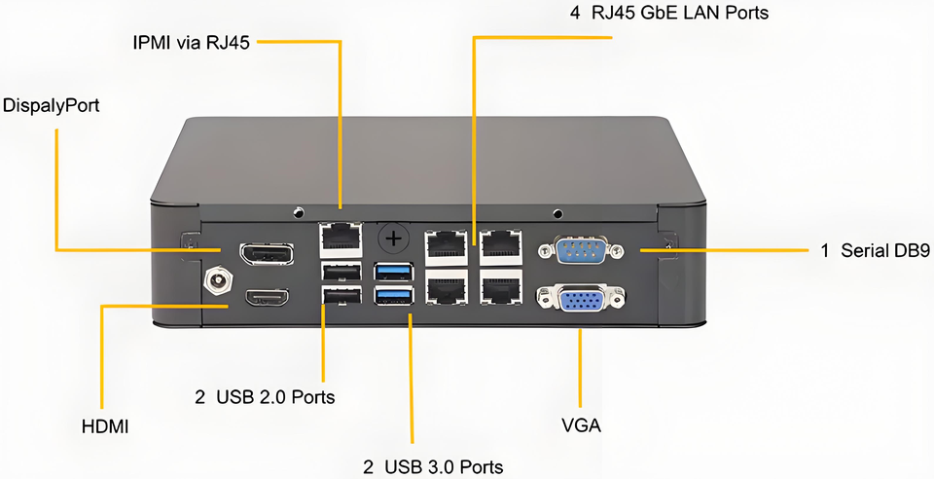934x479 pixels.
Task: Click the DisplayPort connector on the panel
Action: (267, 254)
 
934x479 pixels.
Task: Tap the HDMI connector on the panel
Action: (267, 297)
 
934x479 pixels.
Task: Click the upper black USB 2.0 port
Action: (341, 272)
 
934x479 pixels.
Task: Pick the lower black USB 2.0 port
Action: (341, 295)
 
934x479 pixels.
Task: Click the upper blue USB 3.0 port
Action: (394, 271)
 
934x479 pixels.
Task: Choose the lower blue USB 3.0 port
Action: (394, 295)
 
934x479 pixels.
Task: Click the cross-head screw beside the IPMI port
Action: (393, 239)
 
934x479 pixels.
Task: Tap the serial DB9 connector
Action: (581, 249)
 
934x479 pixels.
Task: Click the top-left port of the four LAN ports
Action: (447, 246)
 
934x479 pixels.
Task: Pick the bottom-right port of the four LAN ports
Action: (501, 289)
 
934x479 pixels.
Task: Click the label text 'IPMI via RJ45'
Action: (192, 43)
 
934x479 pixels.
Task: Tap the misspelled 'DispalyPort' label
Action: (52, 105)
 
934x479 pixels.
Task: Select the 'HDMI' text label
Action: (105, 426)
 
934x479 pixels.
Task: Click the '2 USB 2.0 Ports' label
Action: (265, 396)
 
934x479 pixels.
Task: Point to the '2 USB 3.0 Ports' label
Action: (433, 466)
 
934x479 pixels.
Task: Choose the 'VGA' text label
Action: (582, 425)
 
